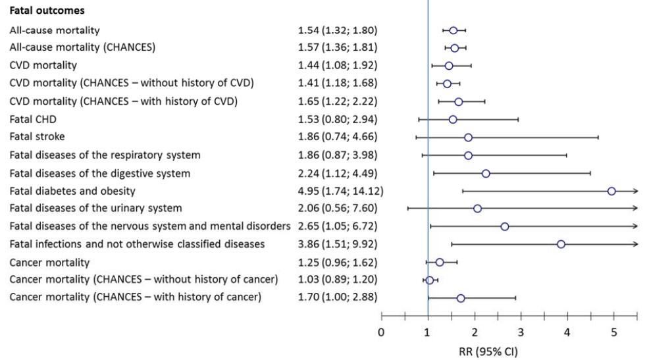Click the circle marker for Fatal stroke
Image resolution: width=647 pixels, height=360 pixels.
point(468,138)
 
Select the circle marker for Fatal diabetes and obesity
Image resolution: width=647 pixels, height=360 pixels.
point(611,191)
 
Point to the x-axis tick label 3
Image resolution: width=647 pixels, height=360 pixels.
point(521,332)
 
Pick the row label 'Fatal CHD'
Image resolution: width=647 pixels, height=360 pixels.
point(32,119)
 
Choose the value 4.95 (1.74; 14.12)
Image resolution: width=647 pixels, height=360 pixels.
point(340,191)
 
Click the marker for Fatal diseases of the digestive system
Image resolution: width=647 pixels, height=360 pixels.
point(486,173)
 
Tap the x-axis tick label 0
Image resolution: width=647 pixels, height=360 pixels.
point(381,332)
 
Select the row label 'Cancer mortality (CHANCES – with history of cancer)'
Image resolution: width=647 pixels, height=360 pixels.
point(136,297)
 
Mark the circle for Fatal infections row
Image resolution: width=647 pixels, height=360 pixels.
point(561,244)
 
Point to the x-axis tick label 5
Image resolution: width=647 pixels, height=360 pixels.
point(614,332)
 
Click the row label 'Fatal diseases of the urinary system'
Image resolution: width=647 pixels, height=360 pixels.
point(95,209)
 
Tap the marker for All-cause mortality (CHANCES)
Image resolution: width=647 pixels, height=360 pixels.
point(454,48)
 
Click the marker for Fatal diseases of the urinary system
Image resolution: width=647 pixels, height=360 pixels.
point(477,209)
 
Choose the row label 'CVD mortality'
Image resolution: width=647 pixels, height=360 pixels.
point(43,66)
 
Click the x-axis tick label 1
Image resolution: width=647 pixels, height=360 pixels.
point(428,332)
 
